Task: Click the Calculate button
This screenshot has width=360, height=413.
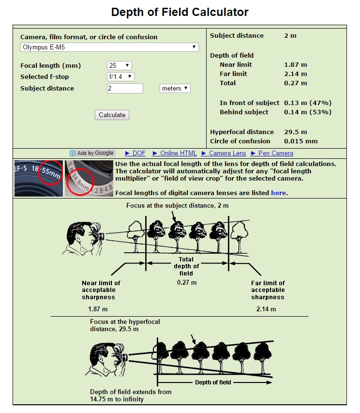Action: click(x=112, y=115)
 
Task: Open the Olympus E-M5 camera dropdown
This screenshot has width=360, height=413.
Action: click(x=110, y=47)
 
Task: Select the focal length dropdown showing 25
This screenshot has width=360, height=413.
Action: click(x=120, y=65)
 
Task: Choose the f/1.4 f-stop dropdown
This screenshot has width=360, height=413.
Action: click(x=120, y=76)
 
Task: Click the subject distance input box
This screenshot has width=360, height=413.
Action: click(x=125, y=88)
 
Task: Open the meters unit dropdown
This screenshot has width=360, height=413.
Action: click(x=175, y=88)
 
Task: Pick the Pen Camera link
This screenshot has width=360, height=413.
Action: click(x=275, y=153)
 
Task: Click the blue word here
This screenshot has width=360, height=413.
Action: click(x=278, y=193)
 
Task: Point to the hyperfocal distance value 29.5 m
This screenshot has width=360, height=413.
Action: click(x=296, y=132)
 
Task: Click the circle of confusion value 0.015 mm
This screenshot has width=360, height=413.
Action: click(x=301, y=141)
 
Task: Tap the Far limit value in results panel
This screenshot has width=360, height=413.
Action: click(x=295, y=74)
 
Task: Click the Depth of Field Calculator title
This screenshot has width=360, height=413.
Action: click(x=180, y=12)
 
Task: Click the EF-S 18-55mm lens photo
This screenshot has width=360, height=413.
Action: click(x=39, y=178)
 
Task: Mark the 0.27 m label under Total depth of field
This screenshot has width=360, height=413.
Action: click(x=187, y=282)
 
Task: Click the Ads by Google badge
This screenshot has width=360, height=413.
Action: click(x=92, y=153)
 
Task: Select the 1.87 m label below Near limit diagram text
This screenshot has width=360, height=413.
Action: click(x=98, y=309)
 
